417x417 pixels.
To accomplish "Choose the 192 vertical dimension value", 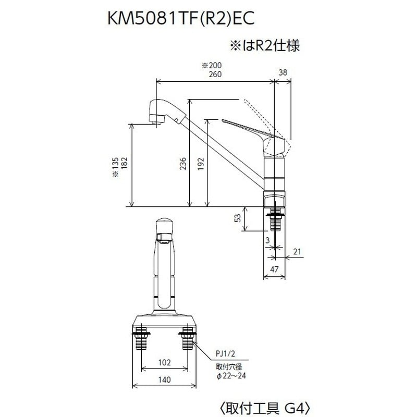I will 201,163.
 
